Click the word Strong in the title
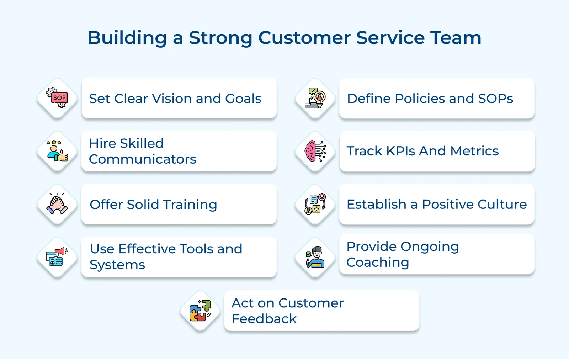(220, 38)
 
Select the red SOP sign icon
(57, 98)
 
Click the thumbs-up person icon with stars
(57, 151)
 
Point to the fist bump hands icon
(57, 203)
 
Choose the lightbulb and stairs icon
(315, 98)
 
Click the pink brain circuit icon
(315, 151)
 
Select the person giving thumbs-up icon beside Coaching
(315, 257)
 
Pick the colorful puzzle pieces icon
(200, 311)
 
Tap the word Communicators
(143, 159)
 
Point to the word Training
(190, 205)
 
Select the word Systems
(117, 265)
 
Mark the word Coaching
(378, 263)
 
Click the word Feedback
(264, 319)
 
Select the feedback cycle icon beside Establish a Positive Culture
(315, 204)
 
